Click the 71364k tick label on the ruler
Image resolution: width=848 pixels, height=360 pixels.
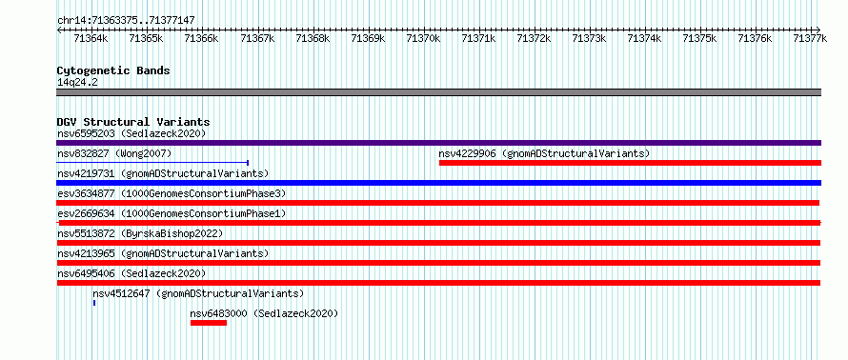click(91, 38)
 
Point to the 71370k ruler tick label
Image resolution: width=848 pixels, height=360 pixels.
click(423, 38)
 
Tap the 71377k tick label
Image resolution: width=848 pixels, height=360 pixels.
click(810, 38)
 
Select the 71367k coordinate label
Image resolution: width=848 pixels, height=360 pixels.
click(257, 38)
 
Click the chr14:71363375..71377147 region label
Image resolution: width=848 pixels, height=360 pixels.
click(126, 21)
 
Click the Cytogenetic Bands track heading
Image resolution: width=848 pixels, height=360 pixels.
click(113, 70)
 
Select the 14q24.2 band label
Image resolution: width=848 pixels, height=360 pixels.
click(77, 83)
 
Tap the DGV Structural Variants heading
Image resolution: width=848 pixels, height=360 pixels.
click(133, 122)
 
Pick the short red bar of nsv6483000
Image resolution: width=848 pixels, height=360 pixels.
click(209, 323)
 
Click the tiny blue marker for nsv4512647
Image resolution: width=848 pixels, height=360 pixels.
click(94, 303)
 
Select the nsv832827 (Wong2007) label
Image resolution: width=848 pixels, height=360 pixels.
click(114, 153)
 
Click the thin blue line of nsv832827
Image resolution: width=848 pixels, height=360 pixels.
click(152, 162)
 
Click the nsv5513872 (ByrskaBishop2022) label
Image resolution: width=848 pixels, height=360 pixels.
click(140, 233)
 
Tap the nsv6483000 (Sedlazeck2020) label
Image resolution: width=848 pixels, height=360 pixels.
click(264, 313)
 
